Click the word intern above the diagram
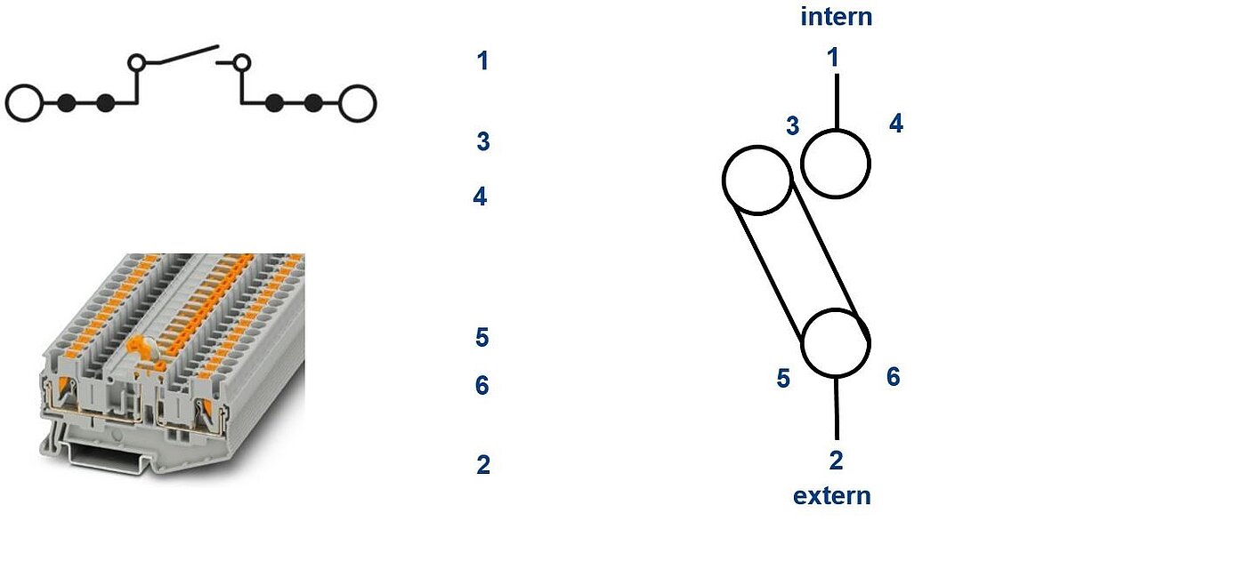coord(836,17)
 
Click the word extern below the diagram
coord(831,496)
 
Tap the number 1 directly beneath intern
coord(833,57)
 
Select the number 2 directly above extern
coord(836,461)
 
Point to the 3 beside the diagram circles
coord(793,126)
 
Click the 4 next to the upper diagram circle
coord(896,124)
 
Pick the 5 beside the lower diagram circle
coord(783,378)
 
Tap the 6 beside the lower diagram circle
coord(894,377)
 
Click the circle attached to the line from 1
coord(836,130)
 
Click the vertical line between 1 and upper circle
coord(837,101)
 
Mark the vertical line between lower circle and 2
coord(837,408)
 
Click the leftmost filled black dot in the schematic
coord(66,103)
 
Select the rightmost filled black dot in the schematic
coord(313,103)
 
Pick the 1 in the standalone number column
coord(482,60)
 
